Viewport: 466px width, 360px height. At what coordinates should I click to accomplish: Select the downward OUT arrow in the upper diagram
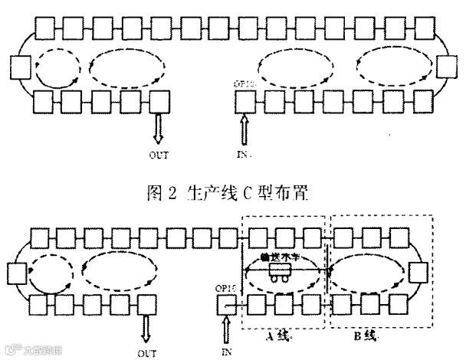tap(159, 127)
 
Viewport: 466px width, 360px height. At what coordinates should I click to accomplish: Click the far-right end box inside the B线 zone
tap(418, 272)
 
